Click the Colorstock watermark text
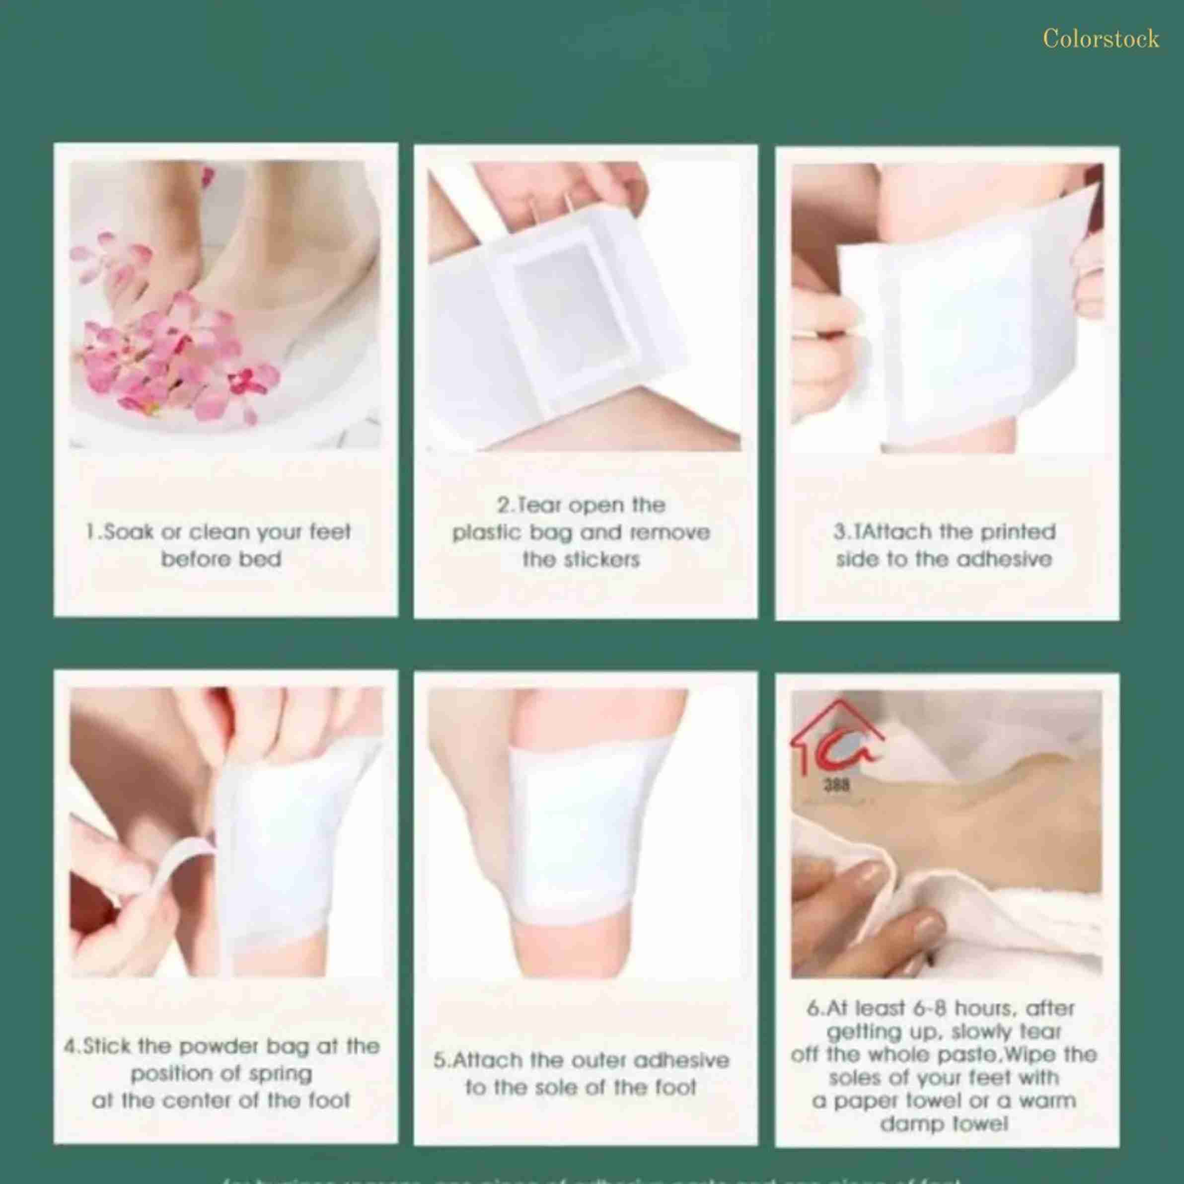tap(1101, 39)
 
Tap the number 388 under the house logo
tap(836, 786)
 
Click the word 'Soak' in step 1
tap(128, 531)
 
